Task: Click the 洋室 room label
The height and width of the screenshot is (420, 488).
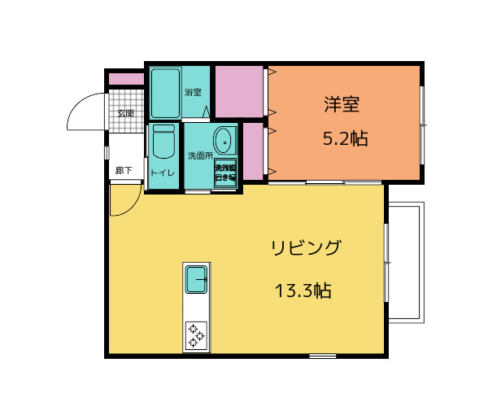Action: pos(342,104)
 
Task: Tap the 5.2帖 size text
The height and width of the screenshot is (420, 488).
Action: pos(345,138)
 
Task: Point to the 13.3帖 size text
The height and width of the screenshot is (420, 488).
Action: pos(303,291)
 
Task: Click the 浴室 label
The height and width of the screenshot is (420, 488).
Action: pos(193,92)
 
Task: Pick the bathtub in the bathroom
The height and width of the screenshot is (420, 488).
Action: pos(165,94)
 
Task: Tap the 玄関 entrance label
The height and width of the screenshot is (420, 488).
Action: pos(125,112)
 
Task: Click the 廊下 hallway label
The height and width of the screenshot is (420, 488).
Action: pos(124,171)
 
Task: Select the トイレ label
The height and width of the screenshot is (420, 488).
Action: pos(162,173)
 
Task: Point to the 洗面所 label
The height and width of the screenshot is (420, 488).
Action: pos(200,155)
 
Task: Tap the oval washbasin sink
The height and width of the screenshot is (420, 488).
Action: pos(224,141)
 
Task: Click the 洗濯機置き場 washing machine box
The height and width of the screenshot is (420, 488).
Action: pos(225,172)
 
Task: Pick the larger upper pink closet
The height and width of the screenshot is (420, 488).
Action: pos(240,91)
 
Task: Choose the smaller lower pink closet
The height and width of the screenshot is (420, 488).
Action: pos(253,151)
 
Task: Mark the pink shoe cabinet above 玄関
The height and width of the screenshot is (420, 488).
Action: pos(126,79)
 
